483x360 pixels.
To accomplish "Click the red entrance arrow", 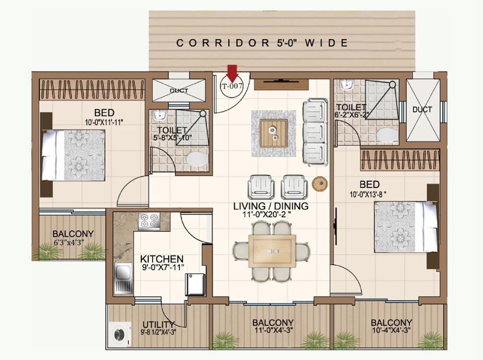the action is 232,73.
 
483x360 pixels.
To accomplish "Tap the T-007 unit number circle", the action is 232,86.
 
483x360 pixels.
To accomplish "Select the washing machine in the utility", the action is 120,334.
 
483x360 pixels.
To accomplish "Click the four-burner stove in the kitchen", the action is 149,221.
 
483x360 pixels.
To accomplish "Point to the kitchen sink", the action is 123,282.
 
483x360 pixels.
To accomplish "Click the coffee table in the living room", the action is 274,133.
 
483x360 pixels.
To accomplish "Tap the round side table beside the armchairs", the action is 319,184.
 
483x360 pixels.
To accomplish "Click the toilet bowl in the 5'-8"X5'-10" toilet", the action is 197,159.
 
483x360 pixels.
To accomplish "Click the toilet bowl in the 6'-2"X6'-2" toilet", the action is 387,135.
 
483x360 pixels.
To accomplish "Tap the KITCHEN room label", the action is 162,258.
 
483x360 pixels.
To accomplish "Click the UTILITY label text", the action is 158,325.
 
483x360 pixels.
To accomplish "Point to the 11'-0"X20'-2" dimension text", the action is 267,215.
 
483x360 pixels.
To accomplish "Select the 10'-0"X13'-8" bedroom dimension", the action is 368,195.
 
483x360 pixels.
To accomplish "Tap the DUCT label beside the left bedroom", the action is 179,91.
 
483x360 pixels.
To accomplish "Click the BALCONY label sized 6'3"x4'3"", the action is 73,234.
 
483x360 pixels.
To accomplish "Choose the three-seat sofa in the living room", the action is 315,132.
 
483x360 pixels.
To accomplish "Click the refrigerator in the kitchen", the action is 195,285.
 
